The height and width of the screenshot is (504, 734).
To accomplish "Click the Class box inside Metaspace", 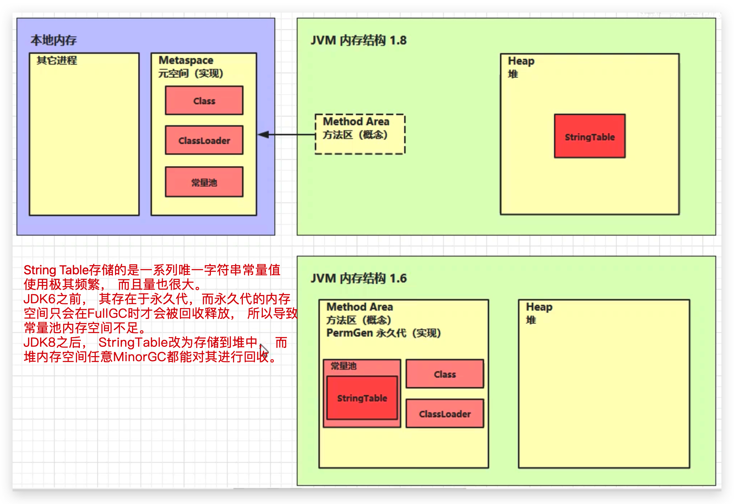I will [204, 101].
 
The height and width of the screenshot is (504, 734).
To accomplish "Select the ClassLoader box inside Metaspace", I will [204, 140].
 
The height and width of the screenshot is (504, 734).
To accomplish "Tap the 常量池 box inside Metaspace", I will [204, 182].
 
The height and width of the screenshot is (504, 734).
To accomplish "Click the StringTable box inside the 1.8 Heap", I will [590, 136].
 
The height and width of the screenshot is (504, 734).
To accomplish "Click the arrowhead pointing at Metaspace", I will [264, 135].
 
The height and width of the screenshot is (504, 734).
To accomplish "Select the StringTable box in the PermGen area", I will [362, 398].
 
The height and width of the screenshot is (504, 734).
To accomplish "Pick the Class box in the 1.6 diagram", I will [445, 374].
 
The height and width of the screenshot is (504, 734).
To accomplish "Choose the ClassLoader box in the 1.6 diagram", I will [445, 414].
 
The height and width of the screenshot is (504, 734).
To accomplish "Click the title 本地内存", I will [54, 40].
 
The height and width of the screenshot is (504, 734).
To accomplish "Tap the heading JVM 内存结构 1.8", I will [359, 40].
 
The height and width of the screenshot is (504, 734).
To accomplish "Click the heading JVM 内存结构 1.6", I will [359, 278].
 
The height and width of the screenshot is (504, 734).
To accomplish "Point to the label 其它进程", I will [57, 60].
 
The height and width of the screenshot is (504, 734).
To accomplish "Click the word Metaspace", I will [186, 60].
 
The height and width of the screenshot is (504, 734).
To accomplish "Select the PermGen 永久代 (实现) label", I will [383, 333].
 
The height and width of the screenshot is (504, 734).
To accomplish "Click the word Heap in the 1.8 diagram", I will [521, 61].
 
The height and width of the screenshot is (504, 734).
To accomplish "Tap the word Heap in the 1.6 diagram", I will [539, 307].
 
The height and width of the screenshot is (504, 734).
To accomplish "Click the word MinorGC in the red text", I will [139, 357].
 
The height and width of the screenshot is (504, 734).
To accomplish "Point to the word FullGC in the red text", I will [107, 313].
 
